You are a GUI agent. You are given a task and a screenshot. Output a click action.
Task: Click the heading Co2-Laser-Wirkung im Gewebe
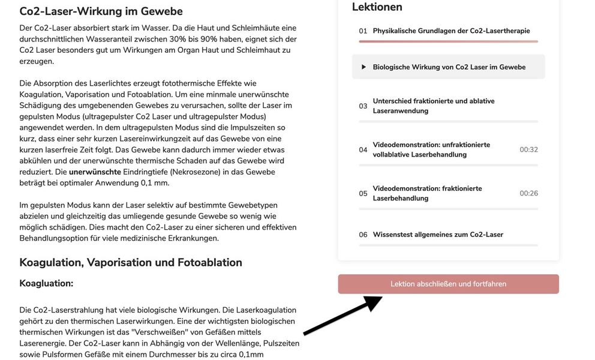click(101, 11)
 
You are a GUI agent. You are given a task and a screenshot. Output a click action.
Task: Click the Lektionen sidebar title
click(377, 7)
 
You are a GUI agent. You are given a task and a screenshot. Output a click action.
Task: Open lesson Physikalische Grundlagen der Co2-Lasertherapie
click(451, 31)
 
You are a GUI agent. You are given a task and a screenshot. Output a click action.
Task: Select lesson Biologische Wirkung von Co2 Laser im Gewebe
click(449, 67)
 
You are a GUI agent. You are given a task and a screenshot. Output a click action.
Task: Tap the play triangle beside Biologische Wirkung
click(363, 67)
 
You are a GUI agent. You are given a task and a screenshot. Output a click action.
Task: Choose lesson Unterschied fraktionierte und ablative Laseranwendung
click(434, 106)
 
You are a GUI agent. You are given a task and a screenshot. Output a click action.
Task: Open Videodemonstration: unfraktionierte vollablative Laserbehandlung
click(431, 150)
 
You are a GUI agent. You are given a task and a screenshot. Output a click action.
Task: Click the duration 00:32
click(528, 150)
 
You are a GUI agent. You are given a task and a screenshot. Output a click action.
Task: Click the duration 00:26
click(528, 193)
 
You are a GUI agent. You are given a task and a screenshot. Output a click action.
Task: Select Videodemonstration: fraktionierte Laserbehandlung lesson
click(427, 193)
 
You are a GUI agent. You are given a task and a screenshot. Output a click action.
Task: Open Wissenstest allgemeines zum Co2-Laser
click(438, 235)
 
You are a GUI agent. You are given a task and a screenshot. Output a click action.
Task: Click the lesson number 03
click(363, 106)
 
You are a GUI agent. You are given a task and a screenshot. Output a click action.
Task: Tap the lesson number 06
click(363, 235)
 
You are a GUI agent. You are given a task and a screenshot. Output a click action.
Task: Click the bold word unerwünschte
click(95, 172)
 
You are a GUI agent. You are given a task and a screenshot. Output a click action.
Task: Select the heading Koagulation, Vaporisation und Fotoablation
click(131, 262)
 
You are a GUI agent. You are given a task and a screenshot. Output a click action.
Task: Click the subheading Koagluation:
click(46, 283)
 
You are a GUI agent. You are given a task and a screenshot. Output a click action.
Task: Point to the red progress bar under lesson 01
click(448, 41)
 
